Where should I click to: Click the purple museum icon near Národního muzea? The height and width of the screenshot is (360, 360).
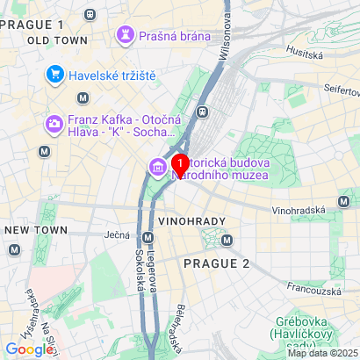click(x=158, y=166)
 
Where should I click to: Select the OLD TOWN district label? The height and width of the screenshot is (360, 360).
click(x=57, y=40)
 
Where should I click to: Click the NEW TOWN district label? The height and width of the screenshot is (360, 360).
click(x=30, y=229)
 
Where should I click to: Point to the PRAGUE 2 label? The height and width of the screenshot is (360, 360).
click(x=216, y=263)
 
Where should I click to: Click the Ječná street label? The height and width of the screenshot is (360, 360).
click(x=117, y=235)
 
